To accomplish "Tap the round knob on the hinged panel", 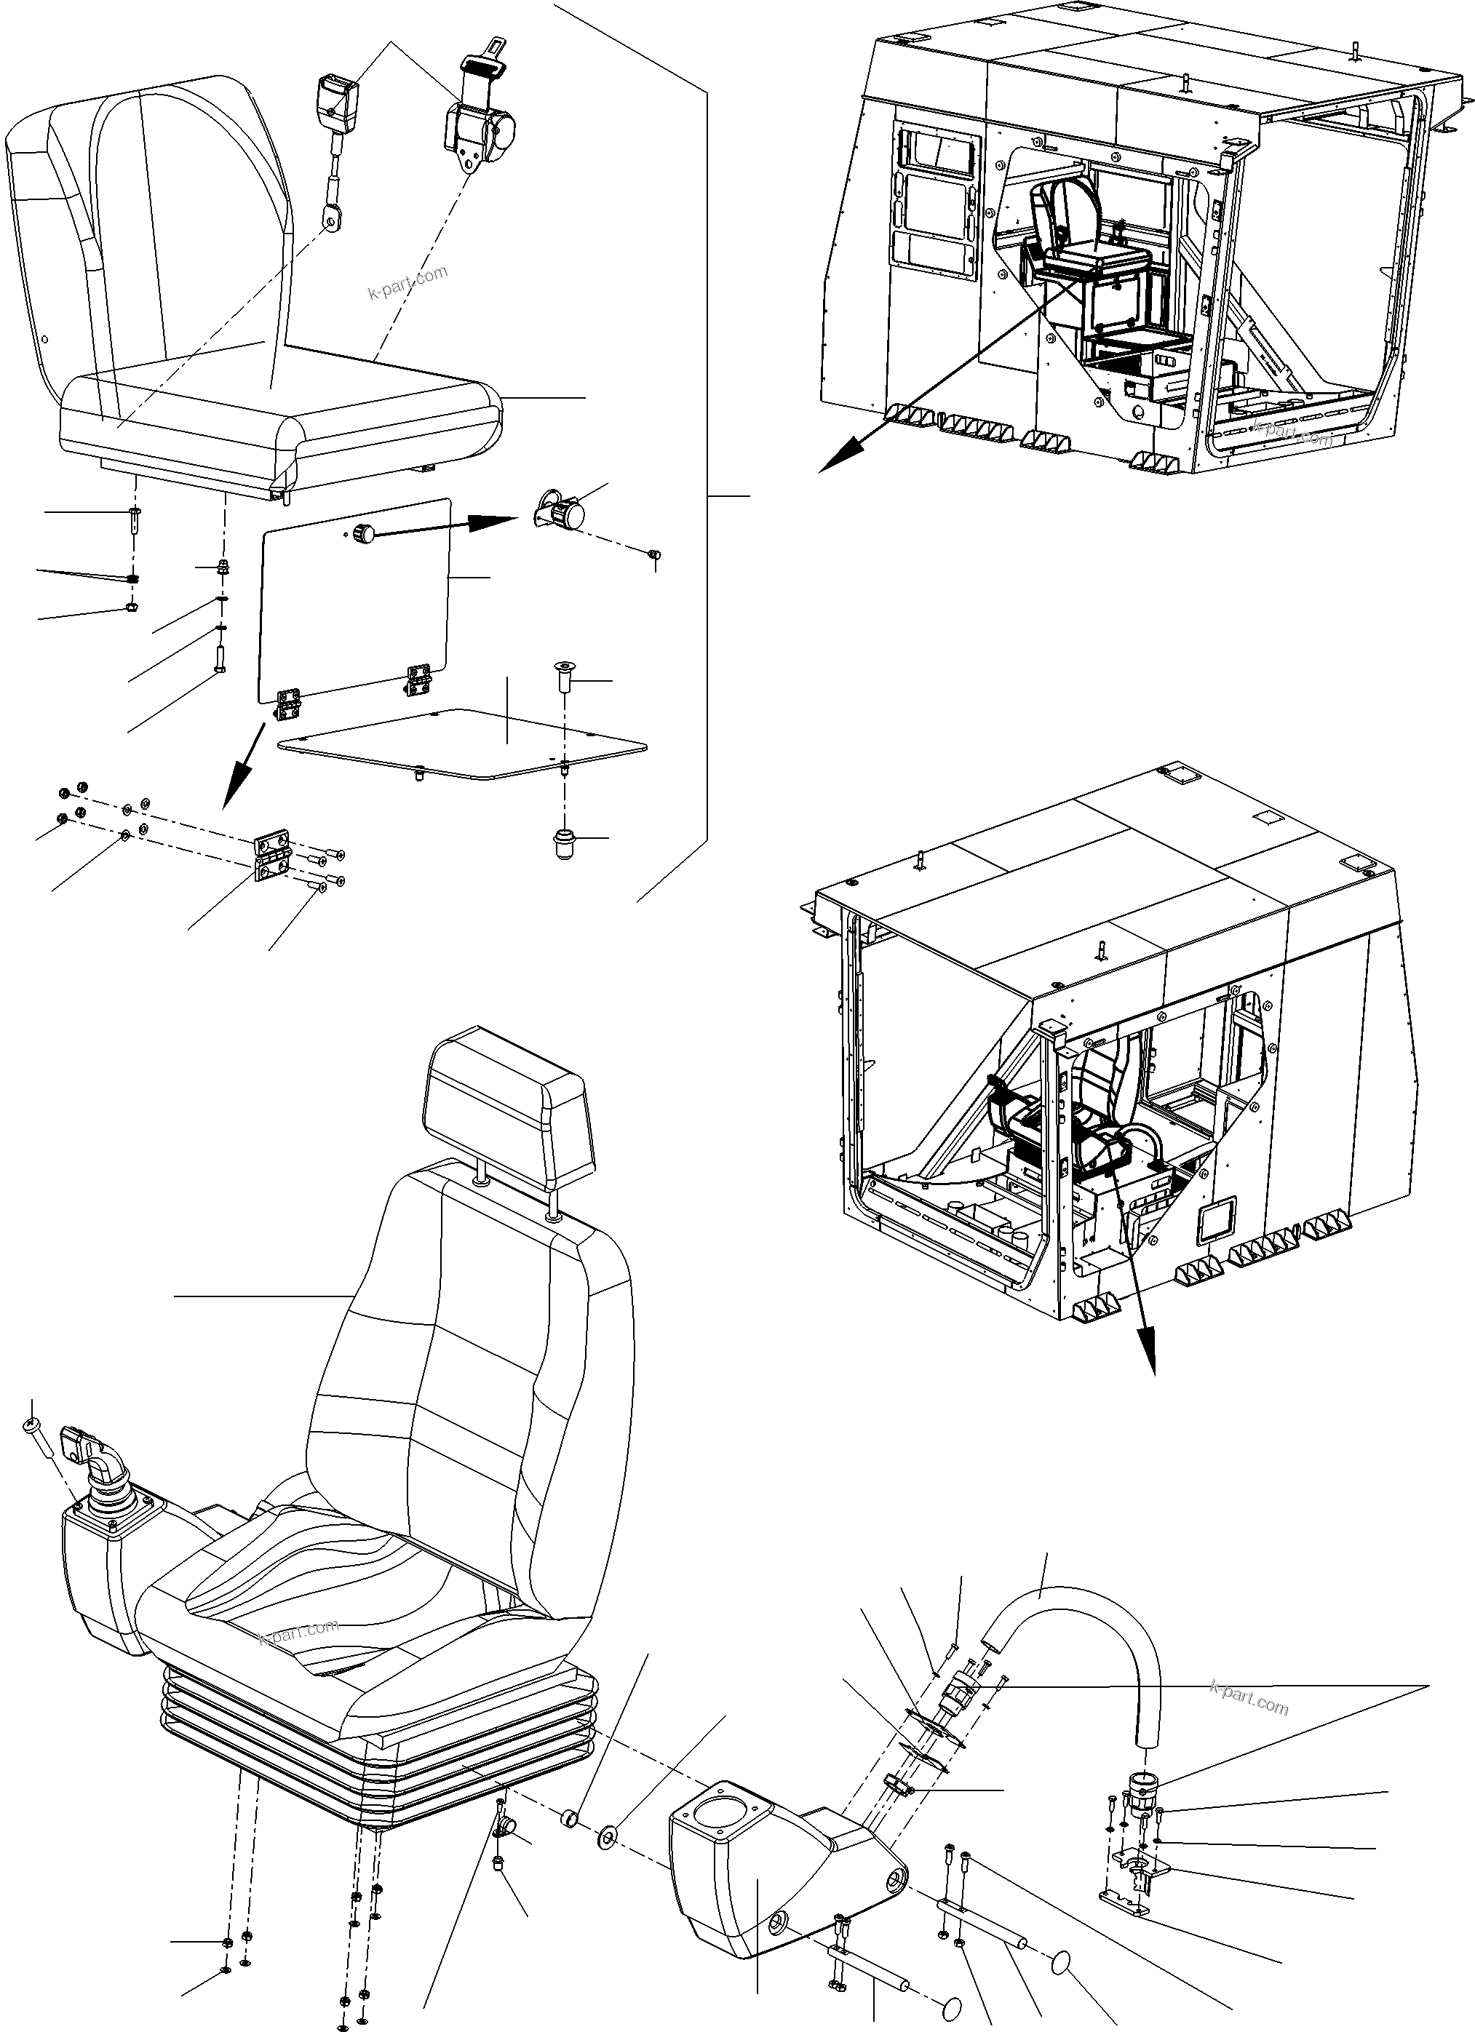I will (364, 534).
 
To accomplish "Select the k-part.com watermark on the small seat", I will (407, 282).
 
